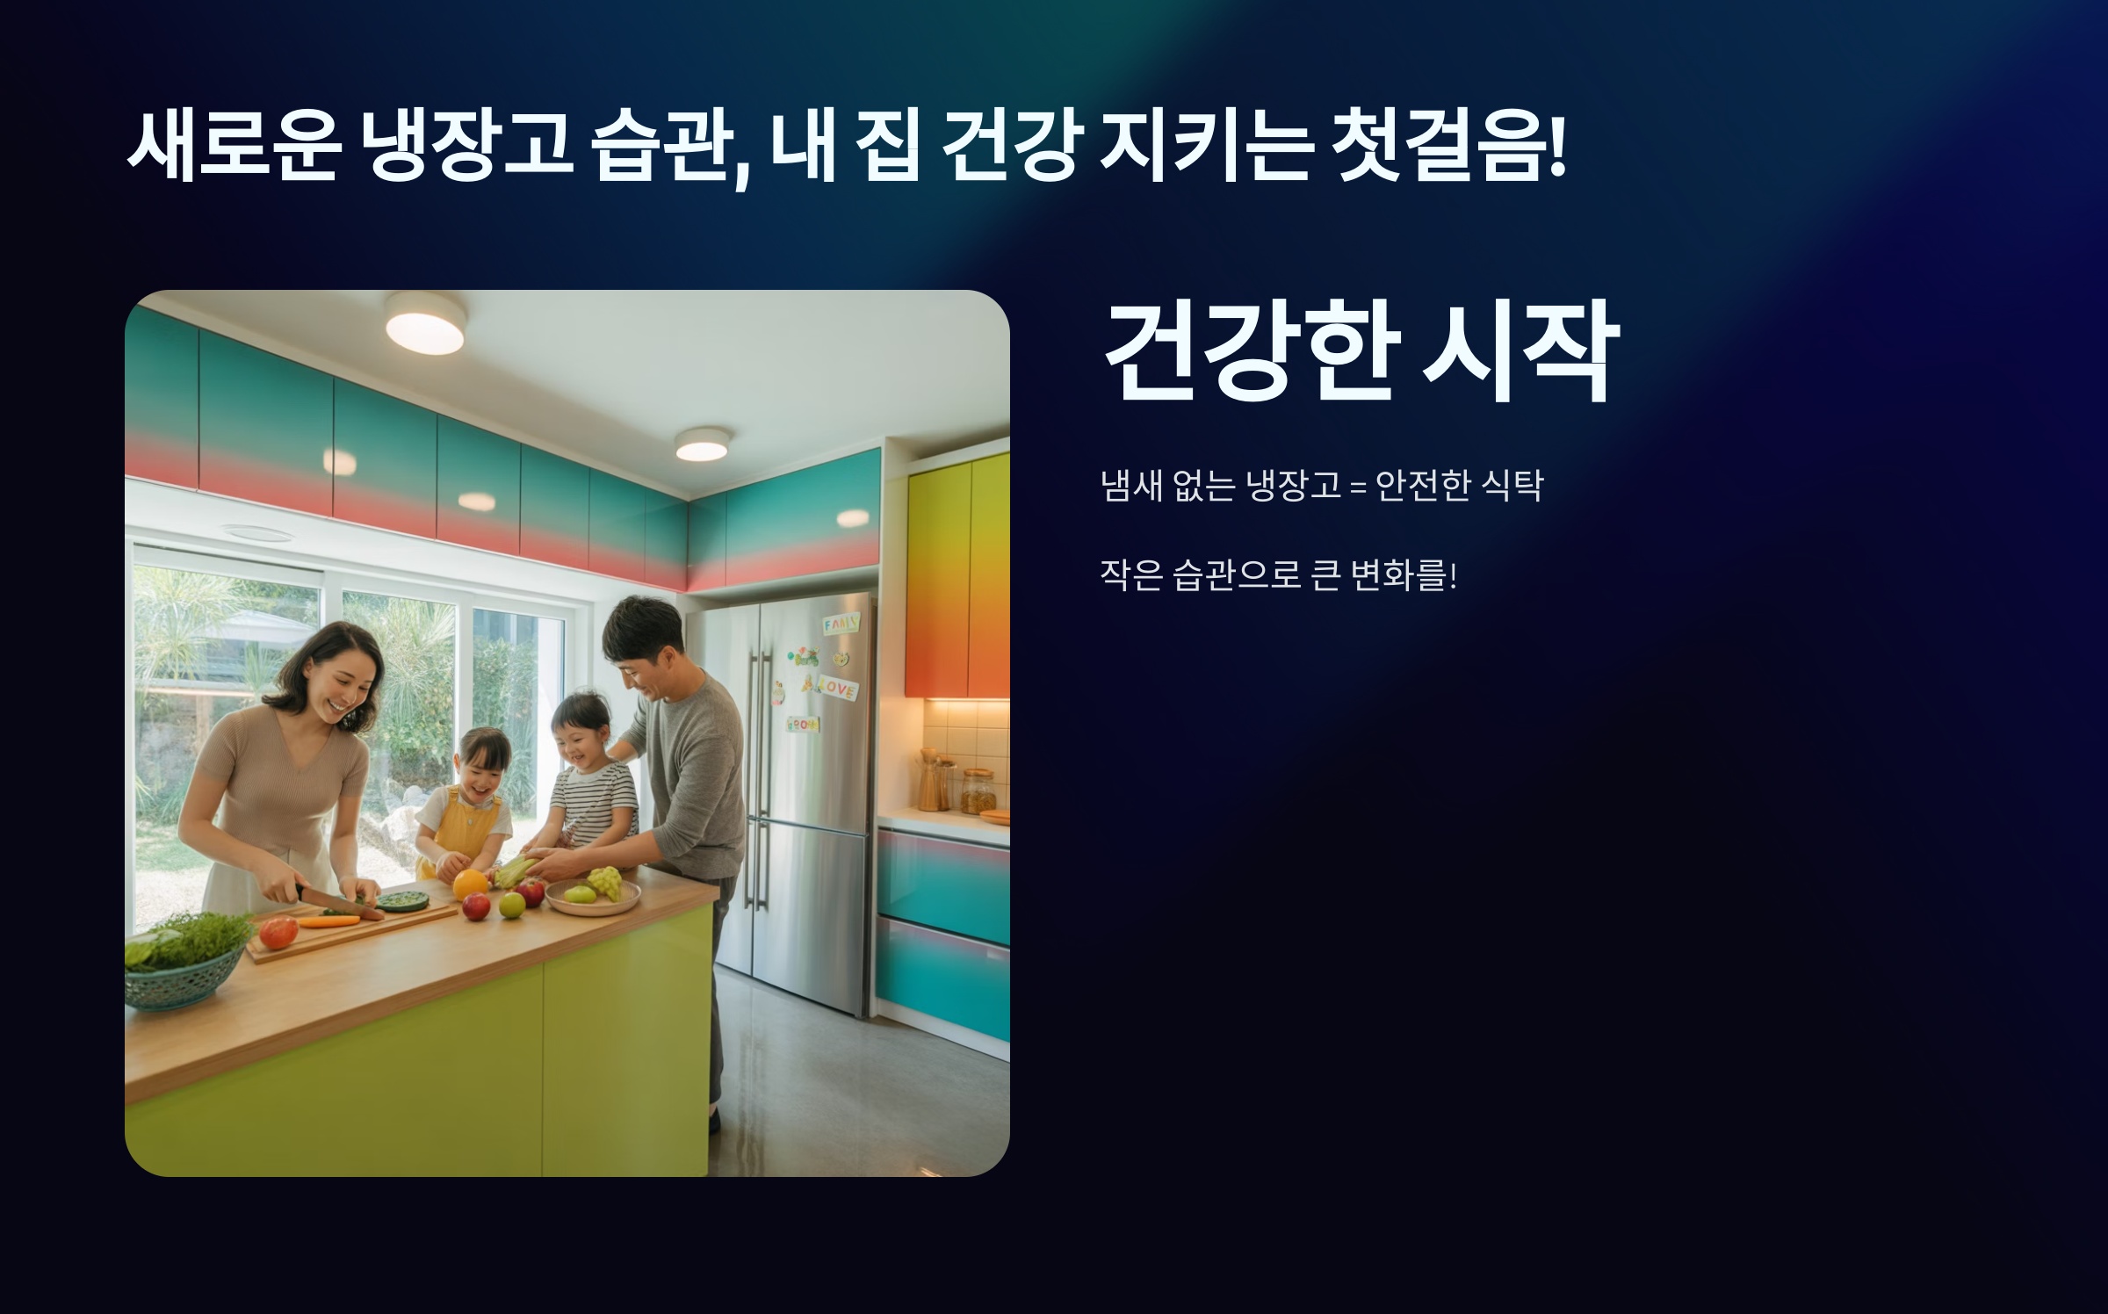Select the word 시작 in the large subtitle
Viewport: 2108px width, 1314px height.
[x=1520, y=351]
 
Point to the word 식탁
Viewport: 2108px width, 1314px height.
[x=1512, y=486]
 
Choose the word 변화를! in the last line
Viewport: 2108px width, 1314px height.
[x=1404, y=576]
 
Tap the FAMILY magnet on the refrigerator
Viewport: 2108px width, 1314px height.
[x=841, y=625]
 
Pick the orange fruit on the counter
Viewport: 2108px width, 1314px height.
[x=470, y=884]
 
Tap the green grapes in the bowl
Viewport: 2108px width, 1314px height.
[x=604, y=882]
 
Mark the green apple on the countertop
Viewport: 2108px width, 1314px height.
[x=512, y=904]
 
